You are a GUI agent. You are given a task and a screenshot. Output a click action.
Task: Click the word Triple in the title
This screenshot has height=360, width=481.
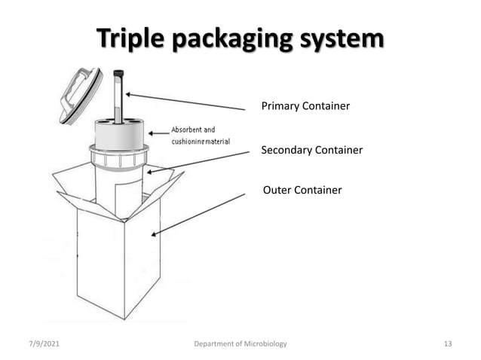click(x=133, y=38)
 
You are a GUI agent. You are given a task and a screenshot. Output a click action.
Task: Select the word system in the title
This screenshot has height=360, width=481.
click(x=339, y=38)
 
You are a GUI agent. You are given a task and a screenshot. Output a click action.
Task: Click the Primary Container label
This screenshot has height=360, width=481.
click(x=305, y=106)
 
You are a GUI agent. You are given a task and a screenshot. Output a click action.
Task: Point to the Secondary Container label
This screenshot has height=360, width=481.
click(x=311, y=151)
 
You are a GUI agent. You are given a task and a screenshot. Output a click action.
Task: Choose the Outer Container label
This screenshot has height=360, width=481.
click(x=302, y=190)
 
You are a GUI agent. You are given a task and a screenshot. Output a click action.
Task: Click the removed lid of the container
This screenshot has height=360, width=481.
click(x=78, y=95)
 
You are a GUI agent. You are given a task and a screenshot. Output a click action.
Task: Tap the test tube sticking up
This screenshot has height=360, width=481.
click(x=118, y=98)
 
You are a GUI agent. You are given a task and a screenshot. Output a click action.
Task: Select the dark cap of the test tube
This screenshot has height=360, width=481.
click(x=118, y=73)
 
